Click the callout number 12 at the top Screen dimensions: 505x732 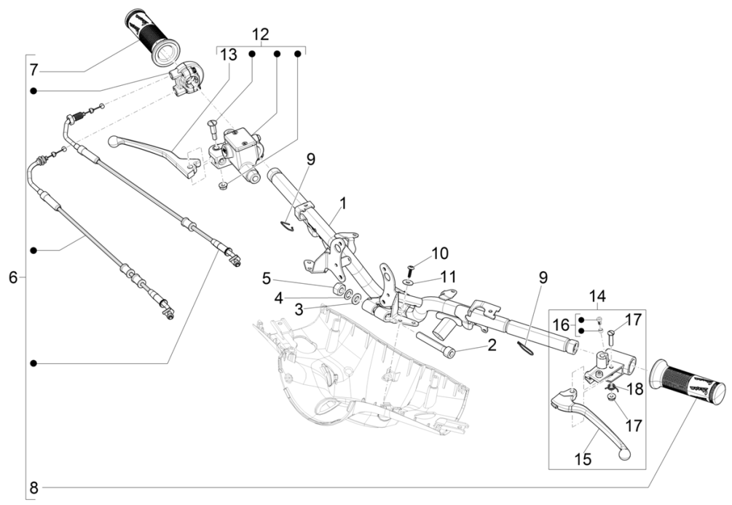click(x=260, y=34)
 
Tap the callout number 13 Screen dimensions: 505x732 click(x=229, y=55)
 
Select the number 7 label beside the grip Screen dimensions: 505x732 click(x=34, y=71)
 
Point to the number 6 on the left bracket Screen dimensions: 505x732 click(x=12, y=277)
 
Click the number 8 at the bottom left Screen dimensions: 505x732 click(x=34, y=487)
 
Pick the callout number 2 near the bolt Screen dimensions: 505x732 click(x=492, y=345)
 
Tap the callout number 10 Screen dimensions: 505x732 click(x=440, y=254)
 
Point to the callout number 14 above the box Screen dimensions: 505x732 click(x=597, y=296)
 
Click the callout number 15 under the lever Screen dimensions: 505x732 click(x=584, y=460)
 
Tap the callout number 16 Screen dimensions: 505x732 click(x=562, y=324)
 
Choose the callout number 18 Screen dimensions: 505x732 click(x=635, y=389)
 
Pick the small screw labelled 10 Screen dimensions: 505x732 click(x=410, y=268)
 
